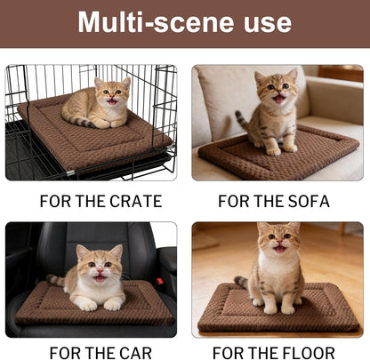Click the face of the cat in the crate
click(112, 92)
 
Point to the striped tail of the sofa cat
click(240, 120)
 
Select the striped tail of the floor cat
click(241, 284)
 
